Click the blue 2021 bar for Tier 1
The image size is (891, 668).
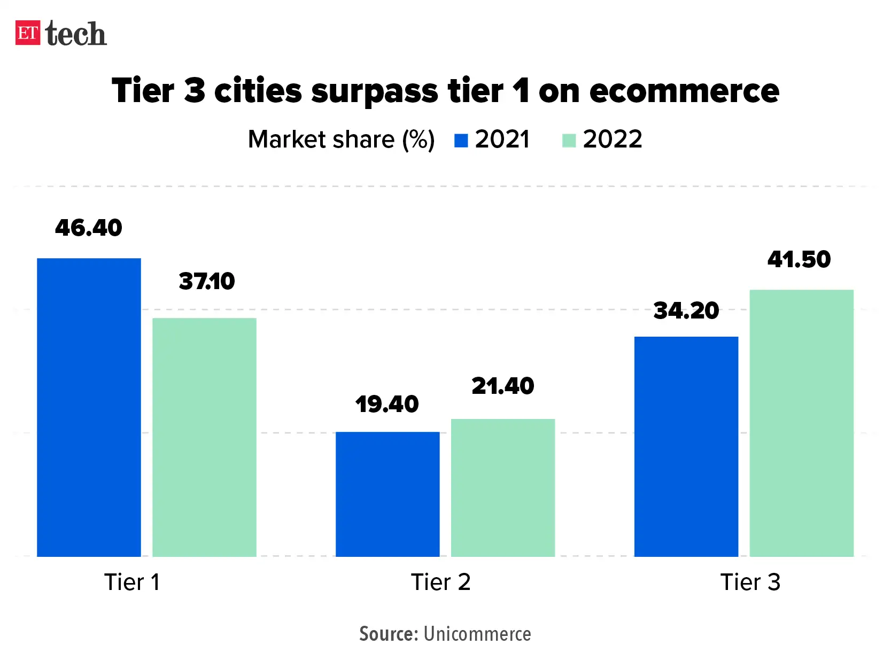pyautogui.click(x=89, y=407)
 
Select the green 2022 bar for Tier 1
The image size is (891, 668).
pyautogui.click(x=204, y=437)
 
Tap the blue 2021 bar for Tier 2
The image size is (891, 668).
pyautogui.click(x=388, y=494)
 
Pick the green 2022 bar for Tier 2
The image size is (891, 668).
pyautogui.click(x=503, y=487)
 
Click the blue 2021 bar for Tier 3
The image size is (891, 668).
pyautogui.click(x=686, y=446)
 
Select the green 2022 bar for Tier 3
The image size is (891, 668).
pyautogui.click(x=801, y=423)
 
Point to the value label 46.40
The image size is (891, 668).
pyautogui.click(x=89, y=228)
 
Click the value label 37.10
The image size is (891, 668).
pyautogui.click(x=207, y=282)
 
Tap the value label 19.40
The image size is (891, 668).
pyautogui.click(x=387, y=404)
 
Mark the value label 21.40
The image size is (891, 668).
pyautogui.click(x=503, y=386)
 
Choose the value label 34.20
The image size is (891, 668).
pyautogui.click(x=686, y=310)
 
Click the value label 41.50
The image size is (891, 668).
pyautogui.click(x=799, y=260)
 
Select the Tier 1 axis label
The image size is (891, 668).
pyautogui.click(x=132, y=582)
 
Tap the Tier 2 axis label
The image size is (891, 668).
pyautogui.click(x=440, y=582)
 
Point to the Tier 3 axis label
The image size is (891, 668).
pyautogui.click(x=750, y=582)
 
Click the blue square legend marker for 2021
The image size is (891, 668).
pyautogui.click(x=461, y=141)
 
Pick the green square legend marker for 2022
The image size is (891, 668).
pyautogui.click(x=569, y=141)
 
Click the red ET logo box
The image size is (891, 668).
pyautogui.click(x=28, y=33)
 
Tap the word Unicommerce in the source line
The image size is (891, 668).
pyautogui.click(x=477, y=634)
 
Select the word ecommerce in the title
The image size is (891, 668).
pyautogui.click(x=684, y=91)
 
